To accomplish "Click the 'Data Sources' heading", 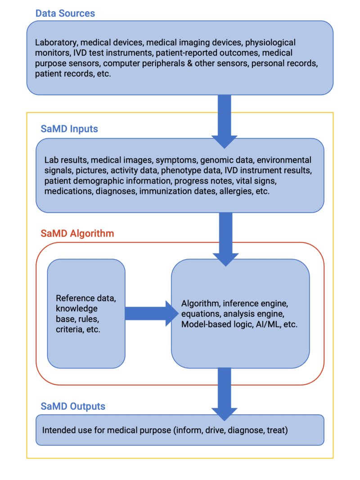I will tap(65, 13).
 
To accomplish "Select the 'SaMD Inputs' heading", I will tap(69, 129).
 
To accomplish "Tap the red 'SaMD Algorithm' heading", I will tap(77, 233).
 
